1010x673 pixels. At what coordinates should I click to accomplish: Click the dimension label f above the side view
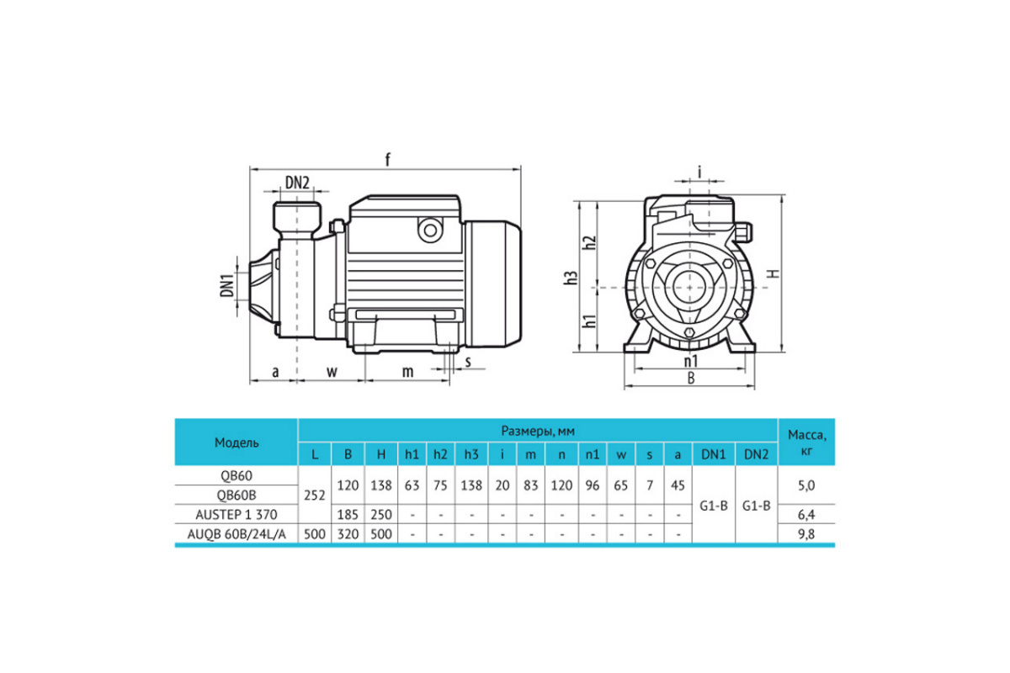387,160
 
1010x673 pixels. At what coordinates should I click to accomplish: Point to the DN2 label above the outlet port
297,183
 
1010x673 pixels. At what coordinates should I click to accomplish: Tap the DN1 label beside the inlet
227,285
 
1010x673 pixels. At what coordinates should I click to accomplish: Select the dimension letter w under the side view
332,372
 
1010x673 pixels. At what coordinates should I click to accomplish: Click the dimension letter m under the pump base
407,372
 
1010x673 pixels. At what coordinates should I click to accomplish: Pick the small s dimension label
468,362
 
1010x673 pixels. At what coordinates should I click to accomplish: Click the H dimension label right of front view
773,273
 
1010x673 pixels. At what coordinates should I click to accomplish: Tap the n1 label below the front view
690,361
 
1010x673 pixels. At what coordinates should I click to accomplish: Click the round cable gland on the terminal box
430,231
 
